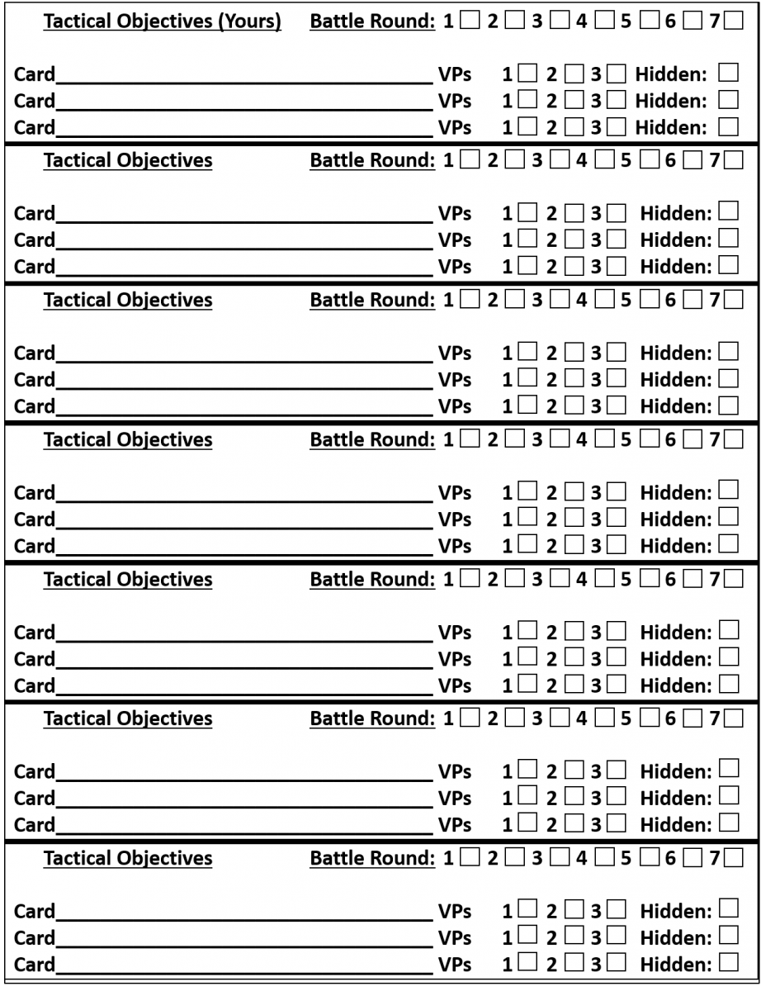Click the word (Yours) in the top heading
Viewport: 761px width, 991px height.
pos(249,21)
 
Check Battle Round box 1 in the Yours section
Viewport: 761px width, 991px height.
pos(469,21)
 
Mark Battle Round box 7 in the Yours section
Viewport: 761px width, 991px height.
pos(733,21)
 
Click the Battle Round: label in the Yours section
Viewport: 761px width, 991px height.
pos(372,21)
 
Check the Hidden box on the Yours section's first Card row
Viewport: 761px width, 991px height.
pos(728,73)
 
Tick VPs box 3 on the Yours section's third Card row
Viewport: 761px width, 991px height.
pos(616,126)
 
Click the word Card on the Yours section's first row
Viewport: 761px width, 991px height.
pos(35,75)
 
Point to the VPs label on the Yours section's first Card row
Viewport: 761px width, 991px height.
pos(455,75)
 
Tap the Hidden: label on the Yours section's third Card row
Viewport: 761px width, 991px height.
pos(671,127)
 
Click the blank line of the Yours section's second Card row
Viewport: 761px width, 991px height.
pos(244,106)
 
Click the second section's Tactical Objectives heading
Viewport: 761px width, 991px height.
pos(128,160)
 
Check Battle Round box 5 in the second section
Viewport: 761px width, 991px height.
pos(648,159)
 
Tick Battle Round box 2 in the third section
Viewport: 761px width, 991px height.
pos(513,299)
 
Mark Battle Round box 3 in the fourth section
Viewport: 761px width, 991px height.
pos(559,439)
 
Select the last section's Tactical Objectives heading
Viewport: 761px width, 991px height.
pos(128,858)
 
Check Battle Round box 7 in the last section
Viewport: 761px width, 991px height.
pos(733,857)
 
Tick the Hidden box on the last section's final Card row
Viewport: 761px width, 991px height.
pos(728,962)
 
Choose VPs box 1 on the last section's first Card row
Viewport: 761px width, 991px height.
pos(527,910)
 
